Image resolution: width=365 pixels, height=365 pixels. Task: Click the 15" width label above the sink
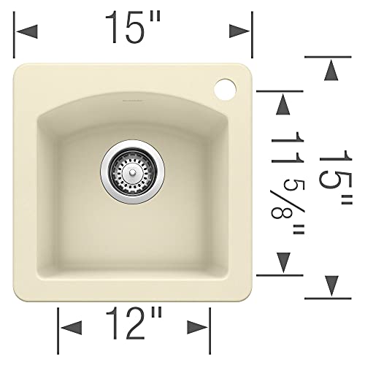tap(132, 28)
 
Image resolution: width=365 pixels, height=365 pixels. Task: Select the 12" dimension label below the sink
tap(133, 323)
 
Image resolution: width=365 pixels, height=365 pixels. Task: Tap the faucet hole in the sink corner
tap(226, 88)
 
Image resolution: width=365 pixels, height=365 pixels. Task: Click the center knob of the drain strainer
tap(131, 165)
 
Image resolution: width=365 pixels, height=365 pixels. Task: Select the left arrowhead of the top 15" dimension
tap(26, 31)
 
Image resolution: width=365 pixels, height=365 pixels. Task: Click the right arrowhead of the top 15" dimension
tap(240, 31)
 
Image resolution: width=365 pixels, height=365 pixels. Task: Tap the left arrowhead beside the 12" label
tap(70, 323)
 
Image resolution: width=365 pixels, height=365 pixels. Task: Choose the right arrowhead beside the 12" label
tap(198, 323)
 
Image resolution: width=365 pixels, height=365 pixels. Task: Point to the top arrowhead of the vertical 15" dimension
tap(331, 71)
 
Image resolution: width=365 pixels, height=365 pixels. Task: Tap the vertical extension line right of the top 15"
tap(251, 36)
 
